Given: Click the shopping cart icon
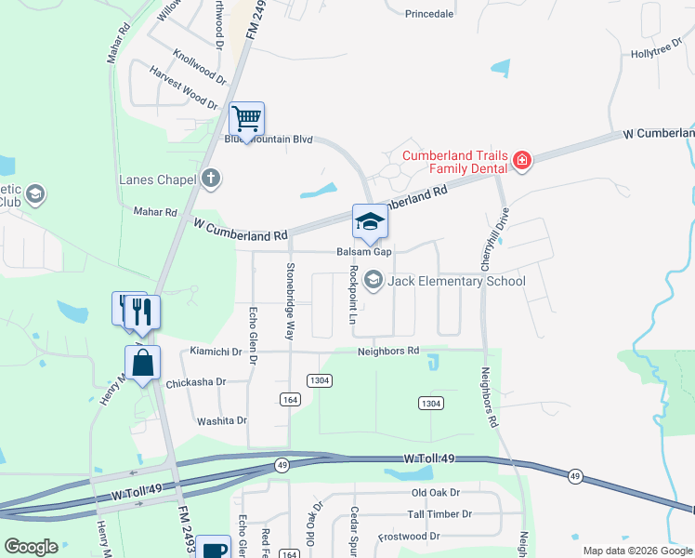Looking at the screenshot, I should click(247, 120).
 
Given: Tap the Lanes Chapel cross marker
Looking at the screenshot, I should click(211, 179).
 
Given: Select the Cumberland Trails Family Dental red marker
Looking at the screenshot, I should click(522, 162).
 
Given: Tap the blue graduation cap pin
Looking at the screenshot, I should click(370, 223).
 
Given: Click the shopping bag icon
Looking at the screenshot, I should click(143, 364).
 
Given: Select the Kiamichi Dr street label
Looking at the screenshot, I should click(215, 352).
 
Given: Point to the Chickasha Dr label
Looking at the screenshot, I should click(196, 382).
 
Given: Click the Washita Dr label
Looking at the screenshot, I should click(221, 420).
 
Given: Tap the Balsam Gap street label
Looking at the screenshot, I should click(361, 252).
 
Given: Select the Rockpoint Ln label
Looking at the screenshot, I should click(352, 294).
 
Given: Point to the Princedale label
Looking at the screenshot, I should click(430, 13).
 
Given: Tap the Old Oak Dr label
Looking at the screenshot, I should click(437, 492).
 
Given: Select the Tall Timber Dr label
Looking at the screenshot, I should click(439, 513).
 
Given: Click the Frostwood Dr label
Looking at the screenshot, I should click(408, 536).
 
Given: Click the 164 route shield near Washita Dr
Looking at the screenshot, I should click(289, 399).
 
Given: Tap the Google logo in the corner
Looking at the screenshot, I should click(32, 546).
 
